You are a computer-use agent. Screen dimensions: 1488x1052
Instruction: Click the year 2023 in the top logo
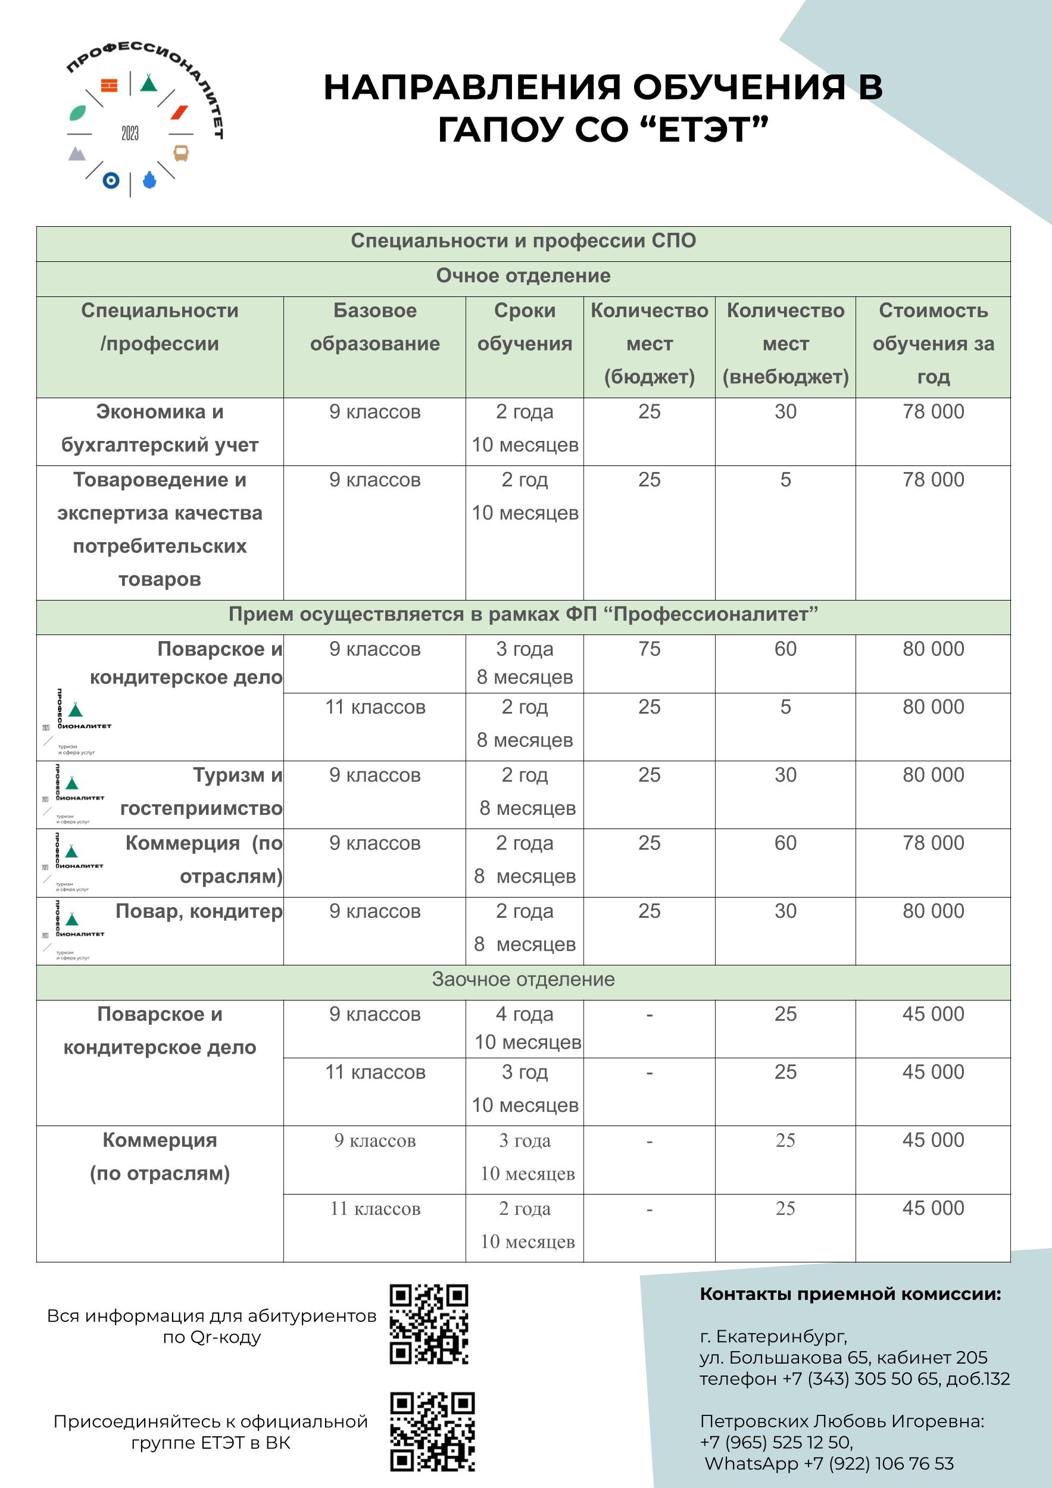click(x=130, y=133)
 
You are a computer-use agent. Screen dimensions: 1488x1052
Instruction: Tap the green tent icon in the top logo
click(x=148, y=83)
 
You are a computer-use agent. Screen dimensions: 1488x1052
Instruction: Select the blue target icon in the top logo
click(x=111, y=181)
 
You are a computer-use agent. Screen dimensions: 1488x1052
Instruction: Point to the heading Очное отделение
click(x=523, y=276)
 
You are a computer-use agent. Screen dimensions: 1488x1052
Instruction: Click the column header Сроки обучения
click(x=525, y=327)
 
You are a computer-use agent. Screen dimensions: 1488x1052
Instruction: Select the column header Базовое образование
click(x=374, y=327)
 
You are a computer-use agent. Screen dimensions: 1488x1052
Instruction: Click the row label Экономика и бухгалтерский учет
click(x=160, y=429)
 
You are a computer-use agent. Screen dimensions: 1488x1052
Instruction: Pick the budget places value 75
click(x=649, y=649)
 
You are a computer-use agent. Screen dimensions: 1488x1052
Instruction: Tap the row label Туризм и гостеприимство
click(x=201, y=791)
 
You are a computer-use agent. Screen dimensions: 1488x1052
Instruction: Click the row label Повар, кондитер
click(x=198, y=911)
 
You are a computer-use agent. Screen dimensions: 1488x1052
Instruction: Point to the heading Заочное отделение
click(x=523, y=979)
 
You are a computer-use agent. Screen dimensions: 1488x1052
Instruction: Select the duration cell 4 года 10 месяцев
click(x=526, y=1028)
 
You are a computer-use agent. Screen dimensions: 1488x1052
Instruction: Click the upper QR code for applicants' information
click(x=429, y=1324)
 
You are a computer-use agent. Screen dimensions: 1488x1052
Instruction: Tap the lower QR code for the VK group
click(x=432, y=1431)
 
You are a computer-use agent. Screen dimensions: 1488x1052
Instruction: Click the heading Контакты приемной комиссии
click(x=850, y=1294)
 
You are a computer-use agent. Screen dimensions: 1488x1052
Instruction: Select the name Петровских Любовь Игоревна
click(x=841, y=1421)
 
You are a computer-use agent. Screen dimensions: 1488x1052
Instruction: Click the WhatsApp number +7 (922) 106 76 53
click(x=878, y=1464)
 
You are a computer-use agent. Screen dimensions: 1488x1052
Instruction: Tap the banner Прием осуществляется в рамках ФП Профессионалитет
click(x=523, y=614)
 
